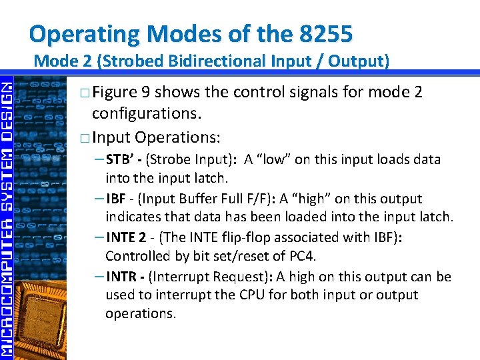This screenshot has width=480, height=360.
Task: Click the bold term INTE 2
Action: click(126, 238)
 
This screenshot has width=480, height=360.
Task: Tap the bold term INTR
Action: click(122, 277)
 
